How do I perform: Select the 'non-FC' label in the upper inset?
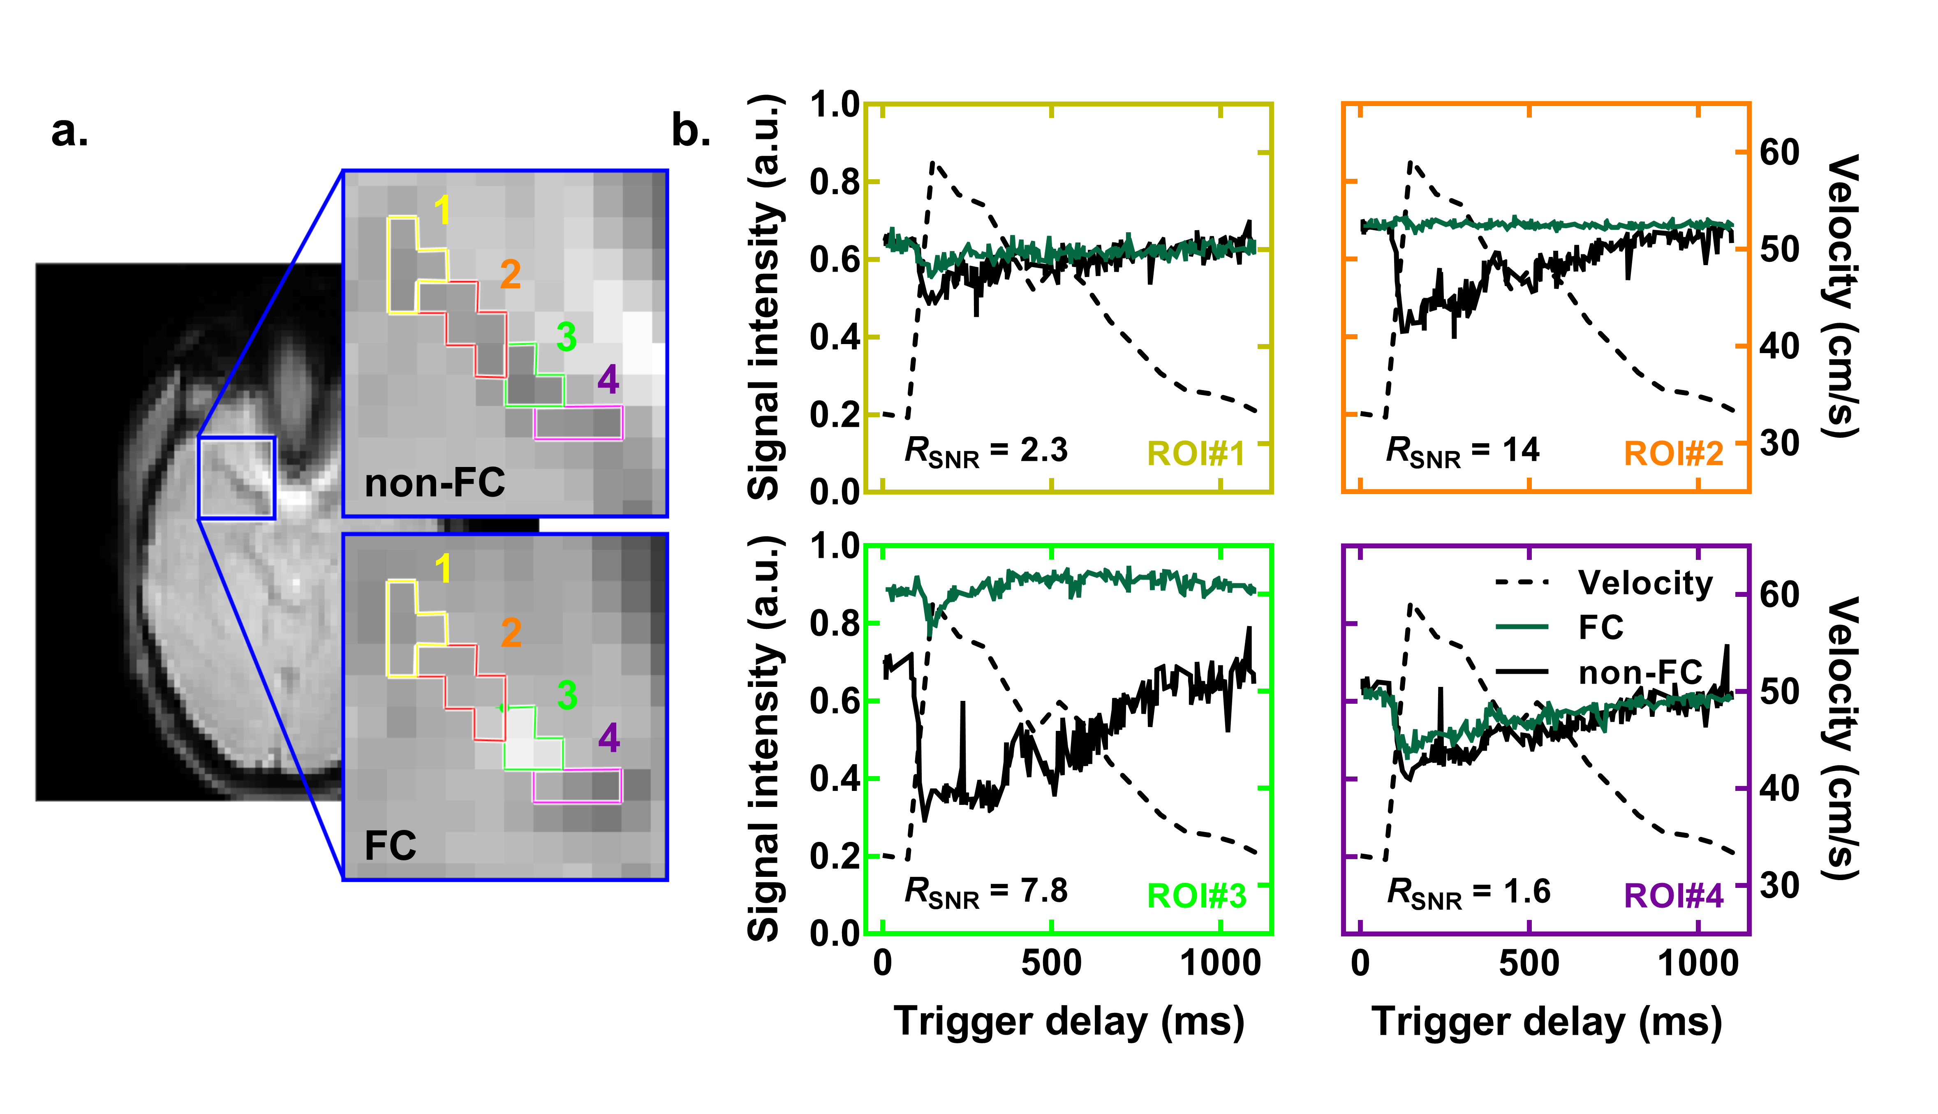[435, 483]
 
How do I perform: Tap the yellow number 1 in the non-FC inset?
[442, 210]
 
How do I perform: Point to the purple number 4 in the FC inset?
[609, 737]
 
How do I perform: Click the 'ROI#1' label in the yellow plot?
[1196, 455]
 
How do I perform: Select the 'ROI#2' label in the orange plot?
[1673, 455]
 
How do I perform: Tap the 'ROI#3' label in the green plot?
[1196, 896]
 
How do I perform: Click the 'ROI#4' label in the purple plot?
[1673, 896]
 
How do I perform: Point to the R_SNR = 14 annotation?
[1462, 451]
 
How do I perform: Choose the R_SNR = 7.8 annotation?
[985, 892]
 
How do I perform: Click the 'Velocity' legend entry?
[1645, 583]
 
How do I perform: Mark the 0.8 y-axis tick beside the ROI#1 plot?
[834, 182]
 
